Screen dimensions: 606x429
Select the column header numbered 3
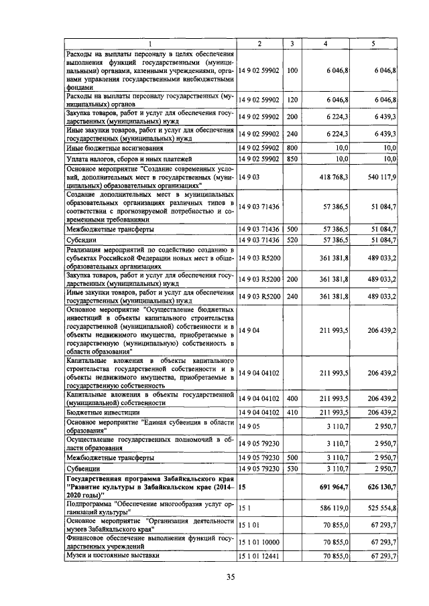(292, 44)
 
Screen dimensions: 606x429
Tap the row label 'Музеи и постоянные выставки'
(111, 556)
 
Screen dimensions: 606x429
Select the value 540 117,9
(380, 178)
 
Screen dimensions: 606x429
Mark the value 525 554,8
(380, 508)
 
